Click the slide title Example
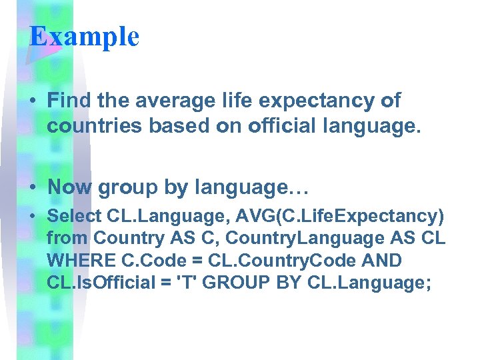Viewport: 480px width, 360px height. coord(84,36)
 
